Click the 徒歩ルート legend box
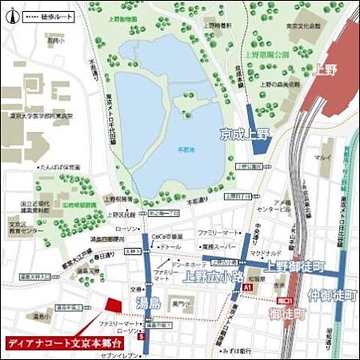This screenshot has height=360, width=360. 49,13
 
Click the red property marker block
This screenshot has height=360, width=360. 113,306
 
